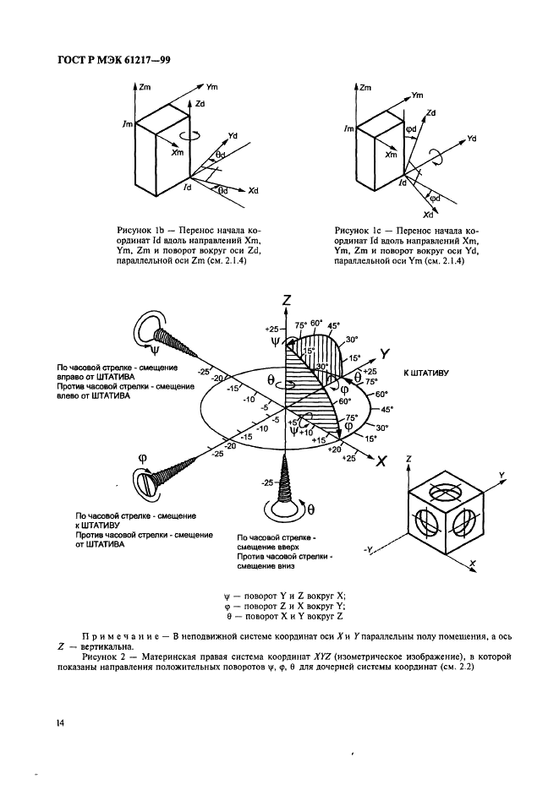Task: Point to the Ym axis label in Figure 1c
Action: click(x=417, y=95)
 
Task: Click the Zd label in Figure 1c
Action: click(x=430, y=112)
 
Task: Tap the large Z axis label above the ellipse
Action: click(x=288, y=300)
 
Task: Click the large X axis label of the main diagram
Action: click(x=381, y=461)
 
